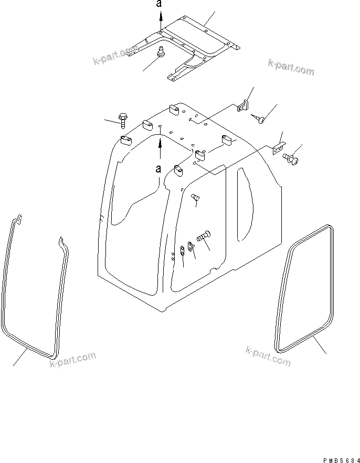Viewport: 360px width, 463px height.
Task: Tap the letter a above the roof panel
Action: point(161,5)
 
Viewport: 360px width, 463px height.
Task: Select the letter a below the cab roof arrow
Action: point(158,169)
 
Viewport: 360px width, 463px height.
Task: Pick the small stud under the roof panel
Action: point(162,52)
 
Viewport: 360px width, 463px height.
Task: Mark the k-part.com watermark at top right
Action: point(291,68)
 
